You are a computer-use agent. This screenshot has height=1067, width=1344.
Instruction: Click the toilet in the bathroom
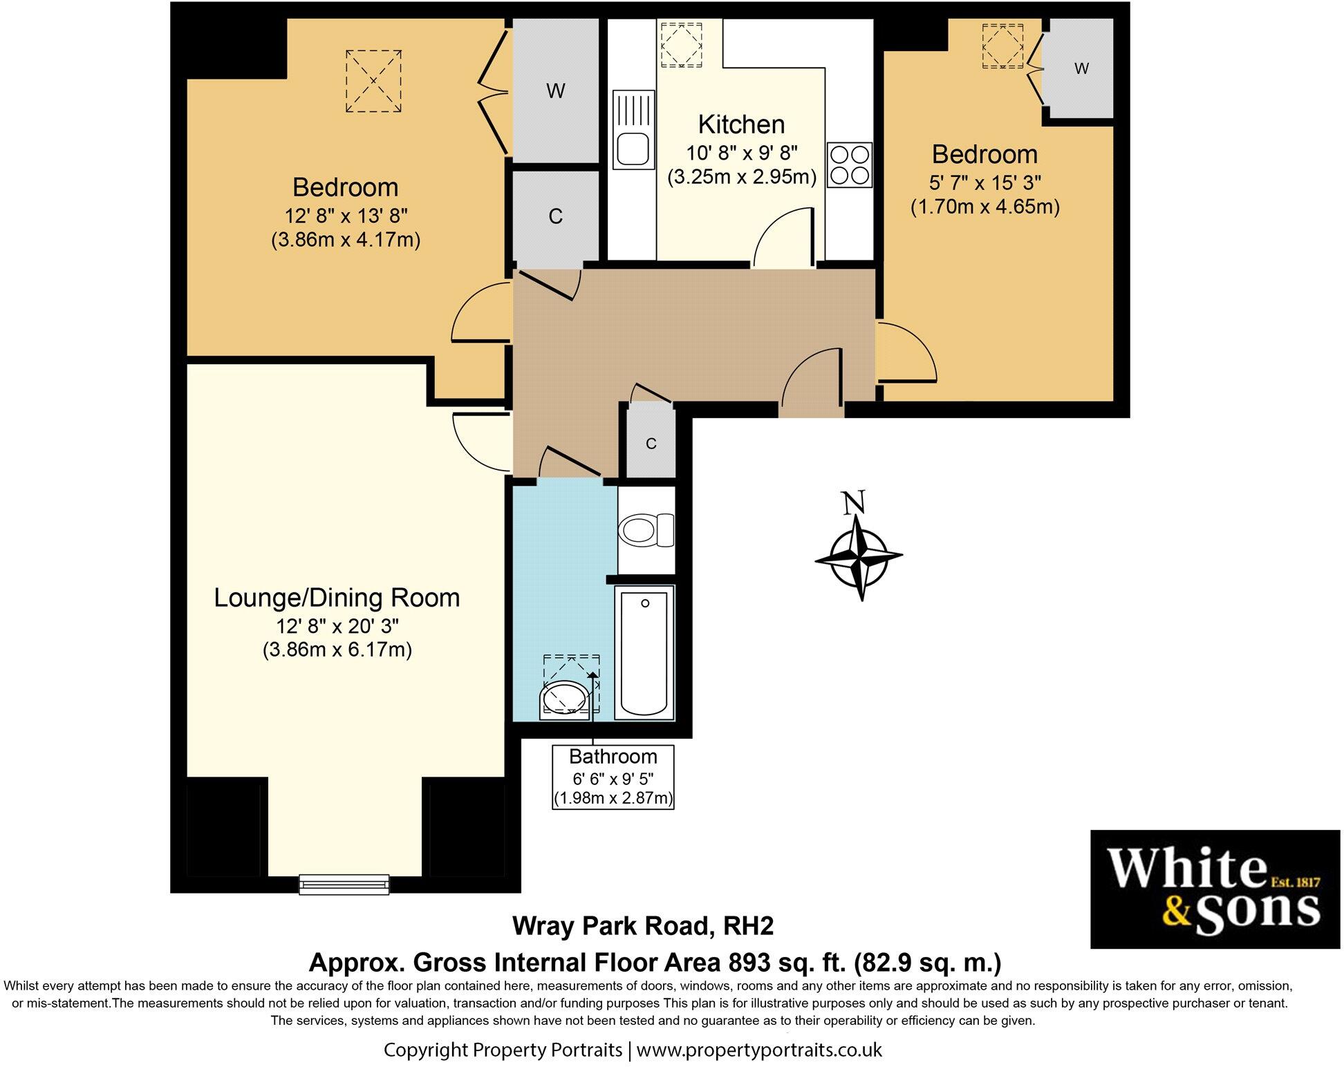[x=646, y=531]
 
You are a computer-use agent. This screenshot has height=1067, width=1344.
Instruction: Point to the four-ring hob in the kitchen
[x=849, y=164]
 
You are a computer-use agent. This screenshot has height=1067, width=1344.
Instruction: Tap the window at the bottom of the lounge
[x=344, y=884]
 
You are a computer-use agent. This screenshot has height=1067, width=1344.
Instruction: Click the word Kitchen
[x=741, y=124]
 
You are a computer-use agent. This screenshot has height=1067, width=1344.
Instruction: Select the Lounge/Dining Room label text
[x=337, y=598]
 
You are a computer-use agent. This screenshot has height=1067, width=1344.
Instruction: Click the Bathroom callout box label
[x=613, y=777]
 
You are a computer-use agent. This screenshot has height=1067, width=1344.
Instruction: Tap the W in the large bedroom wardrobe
[x=556, y=91]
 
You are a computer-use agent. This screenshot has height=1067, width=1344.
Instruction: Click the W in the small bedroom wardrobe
[x=1082, y=68]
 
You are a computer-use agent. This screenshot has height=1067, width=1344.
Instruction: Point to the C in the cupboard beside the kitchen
[x=555, y=216]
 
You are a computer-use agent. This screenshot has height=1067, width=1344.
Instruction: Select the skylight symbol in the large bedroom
[x=373, y=81]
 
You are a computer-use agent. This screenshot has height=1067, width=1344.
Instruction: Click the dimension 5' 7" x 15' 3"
[x=985, y=182]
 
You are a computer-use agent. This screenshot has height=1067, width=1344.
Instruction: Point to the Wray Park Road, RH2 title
[x=643, y=926]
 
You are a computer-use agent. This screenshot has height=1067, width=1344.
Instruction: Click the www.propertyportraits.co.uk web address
[x=759, y=1050]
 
